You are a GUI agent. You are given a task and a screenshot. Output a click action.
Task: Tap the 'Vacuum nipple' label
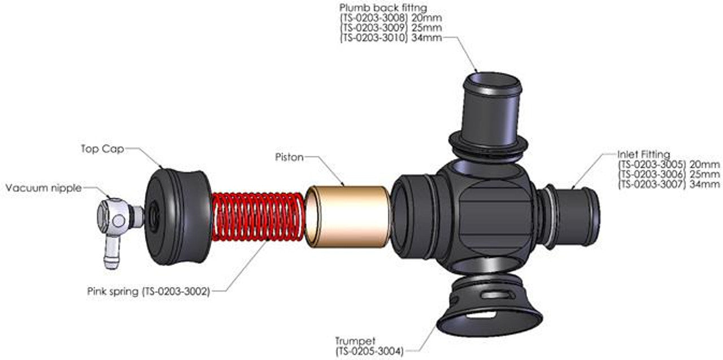pos(43,188)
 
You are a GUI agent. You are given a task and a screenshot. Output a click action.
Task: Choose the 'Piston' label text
pos(289,155)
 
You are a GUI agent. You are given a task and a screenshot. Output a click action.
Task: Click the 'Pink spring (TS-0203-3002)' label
pos(149,292)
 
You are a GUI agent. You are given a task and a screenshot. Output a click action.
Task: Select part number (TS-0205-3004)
pos(369,351)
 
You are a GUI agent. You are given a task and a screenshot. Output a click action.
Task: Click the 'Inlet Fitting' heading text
pos(643,154)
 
